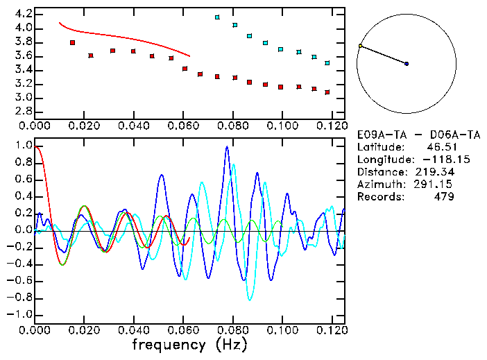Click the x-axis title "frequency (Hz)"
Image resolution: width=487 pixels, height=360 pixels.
189,345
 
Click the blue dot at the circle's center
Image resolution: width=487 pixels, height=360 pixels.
407,64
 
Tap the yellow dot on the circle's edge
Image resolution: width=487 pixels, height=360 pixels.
360,46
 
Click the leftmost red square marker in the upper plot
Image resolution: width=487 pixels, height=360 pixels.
73,43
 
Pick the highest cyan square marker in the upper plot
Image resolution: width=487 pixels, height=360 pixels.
217,17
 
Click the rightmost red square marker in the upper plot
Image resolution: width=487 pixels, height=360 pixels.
327,92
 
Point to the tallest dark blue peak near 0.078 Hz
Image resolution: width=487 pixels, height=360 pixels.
226,147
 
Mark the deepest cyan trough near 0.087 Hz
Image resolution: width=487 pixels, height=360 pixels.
250,299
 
